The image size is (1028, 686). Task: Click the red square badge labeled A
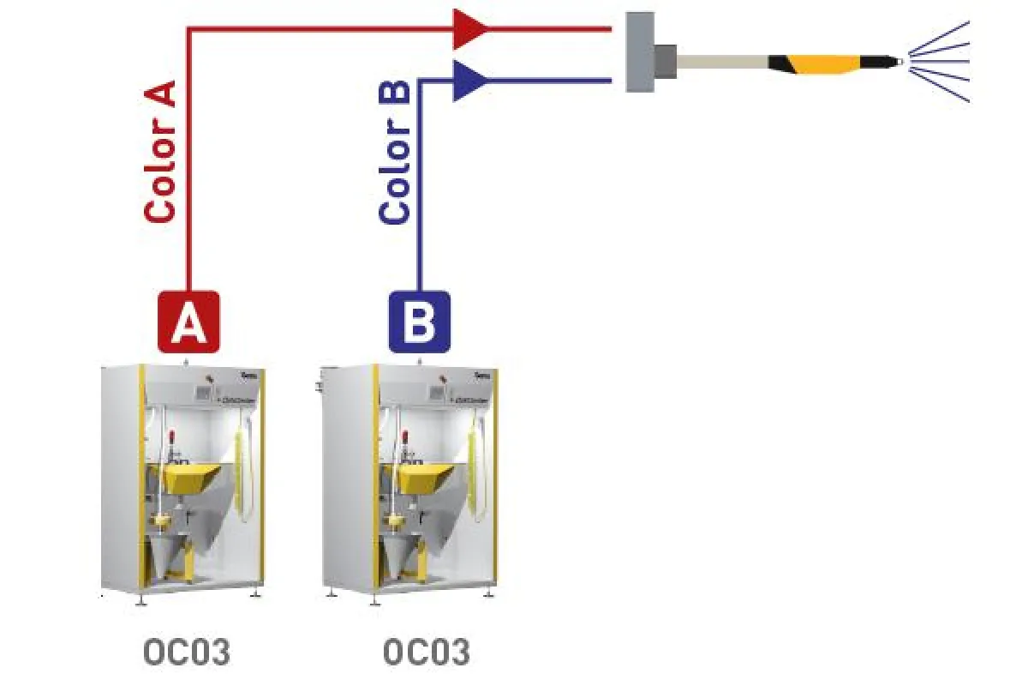188,322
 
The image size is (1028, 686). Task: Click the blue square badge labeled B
419,322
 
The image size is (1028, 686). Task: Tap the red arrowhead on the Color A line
469,29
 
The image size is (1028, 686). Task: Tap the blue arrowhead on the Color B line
469,81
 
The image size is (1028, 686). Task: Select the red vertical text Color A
160,152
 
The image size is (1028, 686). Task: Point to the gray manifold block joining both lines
640,52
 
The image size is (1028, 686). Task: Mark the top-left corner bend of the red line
189,30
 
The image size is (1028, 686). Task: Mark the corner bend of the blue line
420,81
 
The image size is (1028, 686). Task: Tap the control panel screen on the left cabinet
204,392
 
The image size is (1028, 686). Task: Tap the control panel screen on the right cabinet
437,392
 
